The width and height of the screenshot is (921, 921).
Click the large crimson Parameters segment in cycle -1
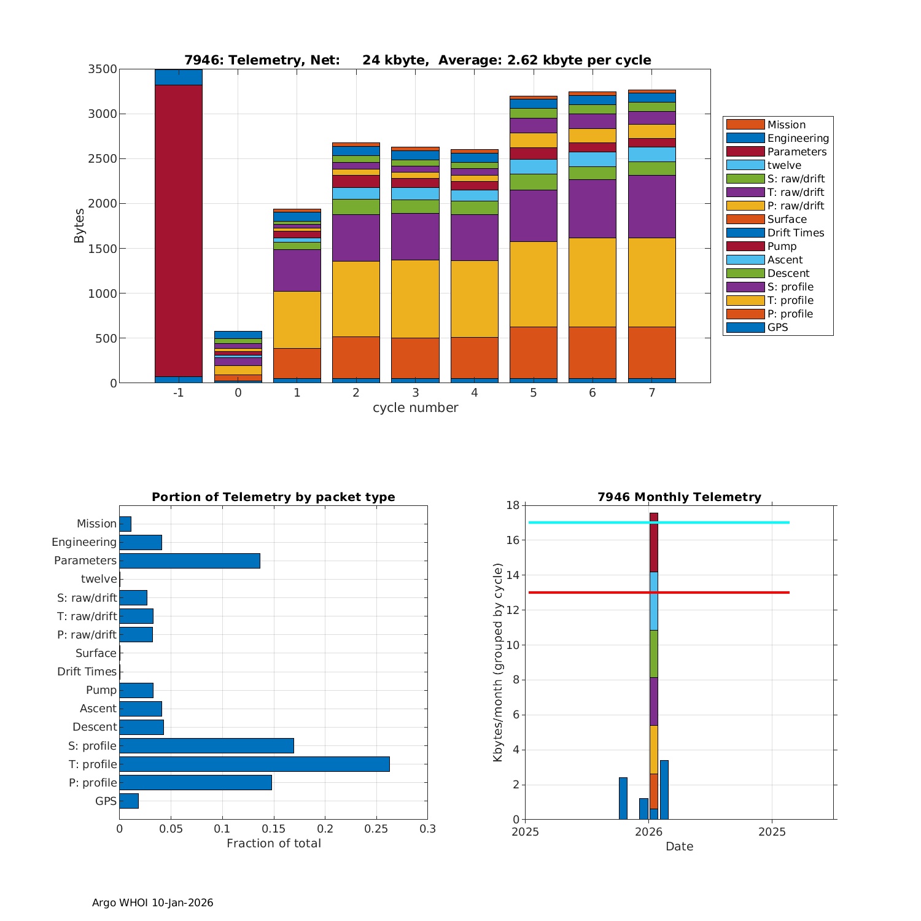(x=178, y=230)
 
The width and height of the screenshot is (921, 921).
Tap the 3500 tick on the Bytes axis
(x=103, y=69)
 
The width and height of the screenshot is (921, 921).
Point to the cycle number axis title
(x=415, y=408)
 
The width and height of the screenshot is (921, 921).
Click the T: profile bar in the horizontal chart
(x=254, y=764)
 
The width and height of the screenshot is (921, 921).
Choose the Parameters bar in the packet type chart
(x=190, y=561)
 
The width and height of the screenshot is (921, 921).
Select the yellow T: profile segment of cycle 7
(x=651, y=282)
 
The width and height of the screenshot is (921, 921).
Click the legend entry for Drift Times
(x=795, y=233)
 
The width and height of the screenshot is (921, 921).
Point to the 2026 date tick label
(x=648, y=832)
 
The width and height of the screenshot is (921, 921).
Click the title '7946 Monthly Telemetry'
(x=679, y=497)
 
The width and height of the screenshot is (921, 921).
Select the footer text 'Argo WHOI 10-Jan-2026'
(x=153, y=903)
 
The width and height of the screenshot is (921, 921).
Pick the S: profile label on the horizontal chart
(x=93, y=745)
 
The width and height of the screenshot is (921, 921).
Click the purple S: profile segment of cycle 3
(x=415, y=236)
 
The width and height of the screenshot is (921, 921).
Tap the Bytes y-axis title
(x=79, y=226)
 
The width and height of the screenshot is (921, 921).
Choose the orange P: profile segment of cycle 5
(x=534, y=352)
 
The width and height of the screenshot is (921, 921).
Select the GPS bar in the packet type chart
(x=129, y=801)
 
